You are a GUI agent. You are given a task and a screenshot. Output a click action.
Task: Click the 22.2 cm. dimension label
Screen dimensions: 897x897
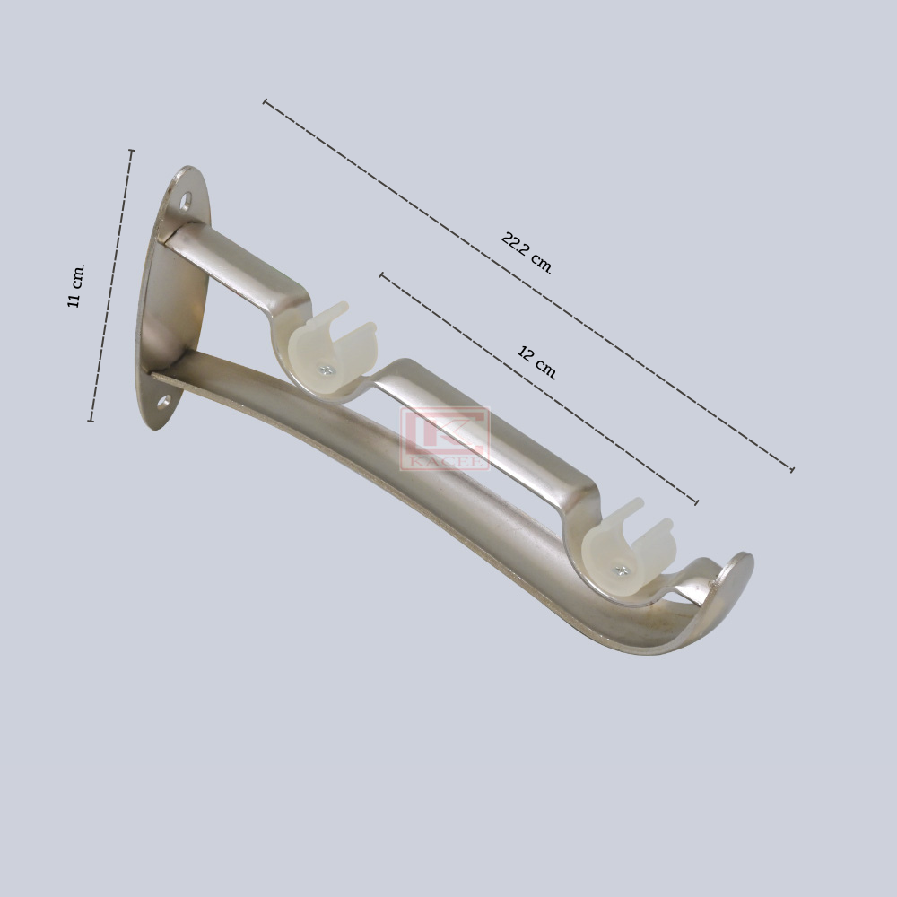[x=527, y=253]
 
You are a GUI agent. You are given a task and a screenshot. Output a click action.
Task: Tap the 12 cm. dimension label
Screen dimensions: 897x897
[x=536, y=362]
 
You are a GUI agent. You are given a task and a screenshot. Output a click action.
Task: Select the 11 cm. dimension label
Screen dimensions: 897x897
[x=76, y=285]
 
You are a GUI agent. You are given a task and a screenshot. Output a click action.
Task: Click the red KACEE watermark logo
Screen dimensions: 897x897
[x=445, y=439]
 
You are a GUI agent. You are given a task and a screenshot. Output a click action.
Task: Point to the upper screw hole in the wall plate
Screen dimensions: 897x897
[x=186, y=201]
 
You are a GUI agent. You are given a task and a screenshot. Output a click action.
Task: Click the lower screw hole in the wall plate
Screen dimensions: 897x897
[x=163, y=402]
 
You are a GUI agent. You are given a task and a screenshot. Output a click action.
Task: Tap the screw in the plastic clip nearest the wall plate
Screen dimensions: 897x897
[x=327, y=370]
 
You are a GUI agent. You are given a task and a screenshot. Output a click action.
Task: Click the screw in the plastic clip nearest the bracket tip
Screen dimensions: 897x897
[x=621, y=570]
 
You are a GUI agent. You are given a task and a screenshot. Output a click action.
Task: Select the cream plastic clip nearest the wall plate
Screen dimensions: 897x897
[x=329, y=349]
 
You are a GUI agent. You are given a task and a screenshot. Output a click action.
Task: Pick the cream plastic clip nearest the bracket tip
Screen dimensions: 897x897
[x=625, y=548]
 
